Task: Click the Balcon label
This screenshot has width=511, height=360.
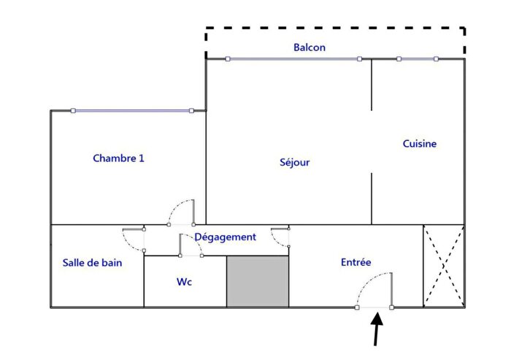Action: pyautogui.click(x=310, y=47)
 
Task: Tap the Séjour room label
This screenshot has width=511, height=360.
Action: pyautogui.click(x=295, y=162)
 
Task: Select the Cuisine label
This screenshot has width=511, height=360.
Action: pyautogui.click(x=420, y=144)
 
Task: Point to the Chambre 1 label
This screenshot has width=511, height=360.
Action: pyautogui.click(x=118, y=158)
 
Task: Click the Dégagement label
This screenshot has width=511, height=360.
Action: pyautogui.click(x=225, y=237)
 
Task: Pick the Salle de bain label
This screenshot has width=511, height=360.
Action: pyautogui.click(x=92, y=263)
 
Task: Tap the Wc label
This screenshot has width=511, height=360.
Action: pyautogui.click(x=185, y=282)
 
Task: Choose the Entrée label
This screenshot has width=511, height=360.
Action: pyautogui.click(x=356, y=262)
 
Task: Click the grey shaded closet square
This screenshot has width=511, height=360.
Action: pyautogui.click(x=258, y=281)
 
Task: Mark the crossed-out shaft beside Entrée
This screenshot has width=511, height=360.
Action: pyautogui.click(x=444, y=266)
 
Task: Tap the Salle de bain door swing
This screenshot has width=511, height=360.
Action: pyautogui.click(x=133, y=239)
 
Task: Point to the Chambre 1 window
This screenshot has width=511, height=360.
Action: pyautogui.click(x=132, y=111)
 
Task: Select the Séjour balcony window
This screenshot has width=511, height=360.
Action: pyautogui.click(x=293, y=59)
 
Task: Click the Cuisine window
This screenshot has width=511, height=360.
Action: pyautogui.click(x=418, y=59)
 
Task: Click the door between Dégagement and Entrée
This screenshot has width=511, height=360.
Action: pyautogui.click(x=280, y=238)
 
